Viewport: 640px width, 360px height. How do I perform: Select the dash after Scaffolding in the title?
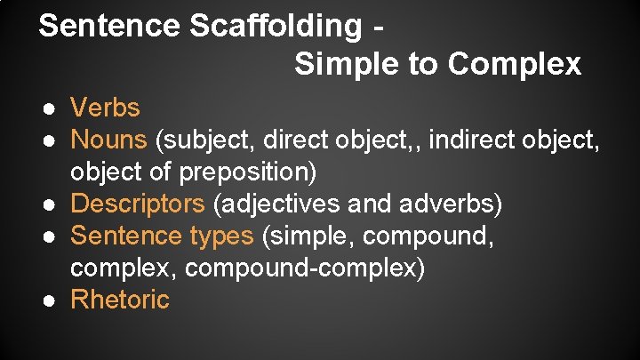[380, 27]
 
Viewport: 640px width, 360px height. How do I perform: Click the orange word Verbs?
[105, 108]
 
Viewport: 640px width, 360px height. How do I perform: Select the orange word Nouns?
[108, 140]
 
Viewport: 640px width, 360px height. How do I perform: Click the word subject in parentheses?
[204, 140]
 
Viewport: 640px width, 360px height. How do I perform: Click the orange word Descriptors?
[138, 204]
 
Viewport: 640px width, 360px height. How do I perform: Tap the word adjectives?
[276, 204]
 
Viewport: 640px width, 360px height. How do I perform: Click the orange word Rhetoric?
[119, 300]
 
